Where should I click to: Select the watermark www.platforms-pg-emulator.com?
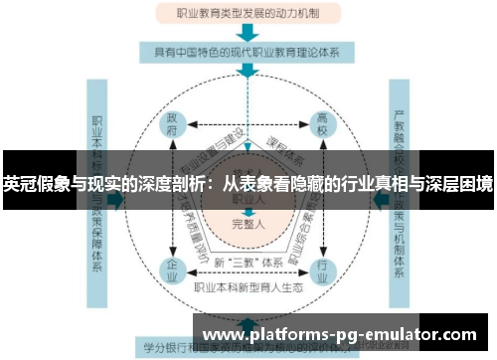click(x=339, y=334)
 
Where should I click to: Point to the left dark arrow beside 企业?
click(x=117, y=198)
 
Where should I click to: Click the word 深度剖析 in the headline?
click(x=175, y=183)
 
